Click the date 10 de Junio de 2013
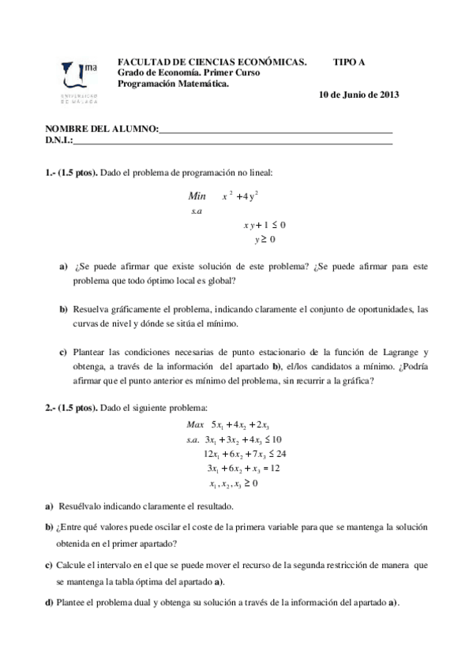(x=359, y=95)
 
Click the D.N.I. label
(x=59, y=140)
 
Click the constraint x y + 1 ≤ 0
(x=264, y=226)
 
